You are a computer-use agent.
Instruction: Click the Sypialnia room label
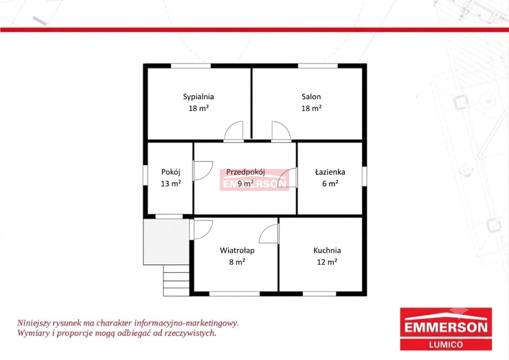coord(198,97)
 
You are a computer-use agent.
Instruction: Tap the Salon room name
coord(311,96)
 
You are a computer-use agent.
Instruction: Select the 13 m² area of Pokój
coord(171,183)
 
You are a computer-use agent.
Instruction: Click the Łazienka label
coord(330,172)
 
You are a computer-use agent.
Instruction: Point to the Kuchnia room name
coord(327,250)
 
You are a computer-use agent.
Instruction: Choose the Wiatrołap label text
coord(237,251)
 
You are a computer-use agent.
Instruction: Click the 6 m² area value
coord(330,183)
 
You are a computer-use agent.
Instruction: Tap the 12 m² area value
coord(327,262)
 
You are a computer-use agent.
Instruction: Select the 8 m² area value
coord(237,262)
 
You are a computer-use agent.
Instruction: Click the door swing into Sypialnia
coord(234,131)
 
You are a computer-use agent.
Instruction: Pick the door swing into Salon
coord(281,131)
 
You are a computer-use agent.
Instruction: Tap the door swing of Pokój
coord(203,171)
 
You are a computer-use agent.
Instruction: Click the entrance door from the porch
coord(203,230)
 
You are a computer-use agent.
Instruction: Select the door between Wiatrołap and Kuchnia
coord(269,233)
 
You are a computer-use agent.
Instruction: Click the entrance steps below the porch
coord(176,280)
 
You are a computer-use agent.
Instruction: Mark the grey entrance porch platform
coord(166,242)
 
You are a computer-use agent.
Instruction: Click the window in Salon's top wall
coord(318,66)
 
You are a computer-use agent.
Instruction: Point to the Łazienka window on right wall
coord(364,176)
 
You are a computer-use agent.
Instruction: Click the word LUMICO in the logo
coord(446,345)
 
